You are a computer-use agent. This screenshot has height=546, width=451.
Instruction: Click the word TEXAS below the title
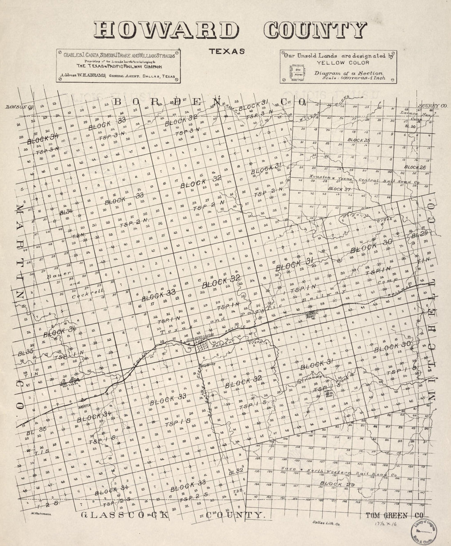pyautogui.click(x=227, y=52)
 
